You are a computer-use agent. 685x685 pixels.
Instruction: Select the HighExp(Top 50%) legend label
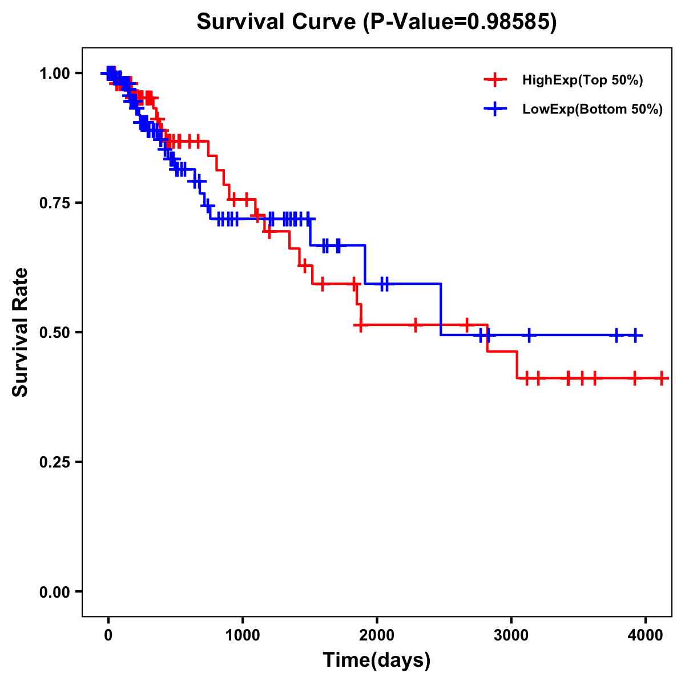click(583, 80)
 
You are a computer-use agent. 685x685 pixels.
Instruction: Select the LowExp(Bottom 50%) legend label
click(593, 109)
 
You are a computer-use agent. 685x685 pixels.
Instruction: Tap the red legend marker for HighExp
click(495, 80)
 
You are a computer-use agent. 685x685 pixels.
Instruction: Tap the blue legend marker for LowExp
click(495, 108)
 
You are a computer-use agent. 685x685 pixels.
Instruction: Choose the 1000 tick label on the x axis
click(243, 635)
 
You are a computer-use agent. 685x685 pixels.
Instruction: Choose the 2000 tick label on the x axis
click(377, 635)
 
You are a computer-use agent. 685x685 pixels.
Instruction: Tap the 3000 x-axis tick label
click(511, 635)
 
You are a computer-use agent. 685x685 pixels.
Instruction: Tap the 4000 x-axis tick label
click(645, 635)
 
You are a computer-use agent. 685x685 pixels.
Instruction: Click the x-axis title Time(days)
click(377, 660)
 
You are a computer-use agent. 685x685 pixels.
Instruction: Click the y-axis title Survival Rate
click(21, 332)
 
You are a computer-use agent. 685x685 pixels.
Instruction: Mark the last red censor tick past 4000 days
click(661, 378)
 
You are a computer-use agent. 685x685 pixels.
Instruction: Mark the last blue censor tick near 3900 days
click(635, 335)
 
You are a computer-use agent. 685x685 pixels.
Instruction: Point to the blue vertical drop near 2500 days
click(441, 309)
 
